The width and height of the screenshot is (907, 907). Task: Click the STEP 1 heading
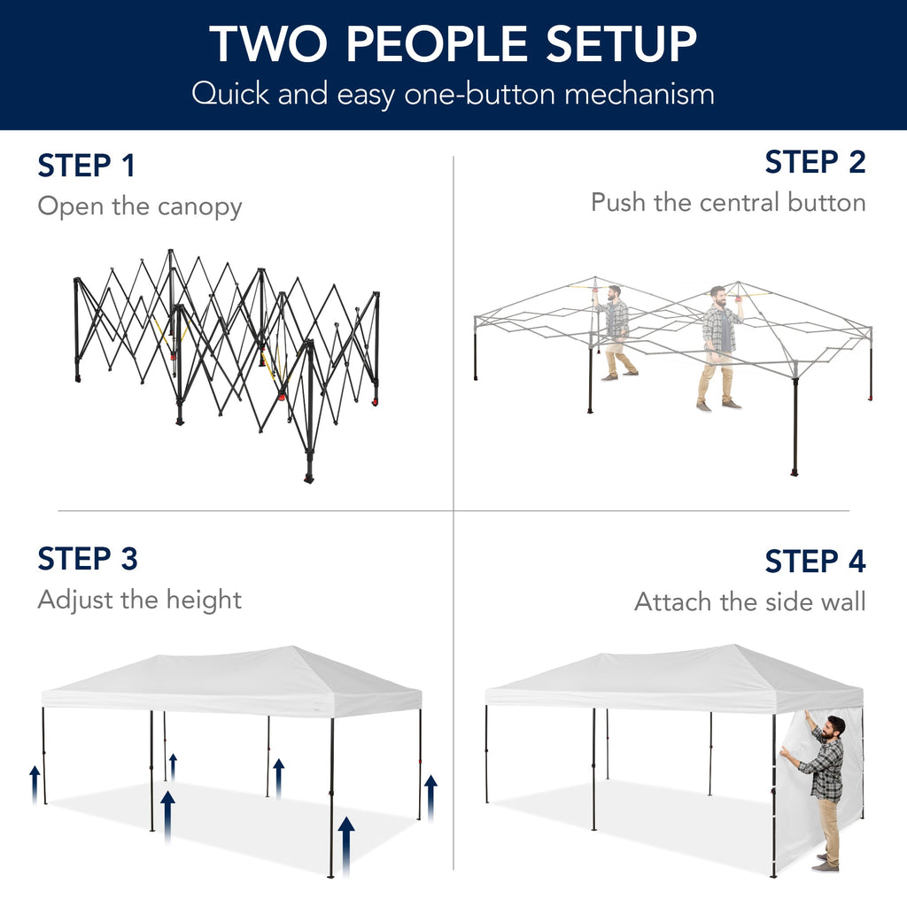[x=86, y=166]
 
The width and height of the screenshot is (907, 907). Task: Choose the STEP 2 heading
[x=815, y=162]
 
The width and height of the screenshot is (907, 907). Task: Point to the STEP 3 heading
[x=88, y=559]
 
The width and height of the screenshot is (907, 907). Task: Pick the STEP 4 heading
[x=815, y=562]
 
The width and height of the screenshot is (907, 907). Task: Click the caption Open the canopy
[x=139, y=206]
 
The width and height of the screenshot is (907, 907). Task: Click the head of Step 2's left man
[x=614, y=292]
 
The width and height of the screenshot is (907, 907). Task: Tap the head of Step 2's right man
[x=718, y=294]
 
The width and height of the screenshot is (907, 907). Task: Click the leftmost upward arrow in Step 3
[x=35, y=783]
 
